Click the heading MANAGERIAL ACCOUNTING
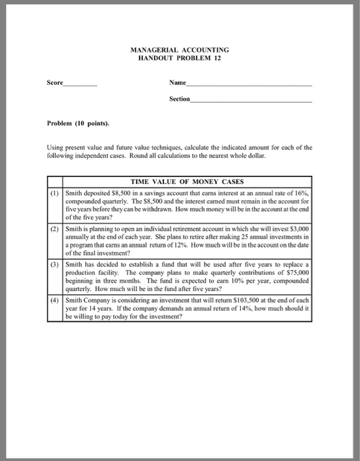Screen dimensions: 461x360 pos(180,49)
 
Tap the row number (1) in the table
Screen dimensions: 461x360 pos(55,190)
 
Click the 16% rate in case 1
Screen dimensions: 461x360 pos(300,190)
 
